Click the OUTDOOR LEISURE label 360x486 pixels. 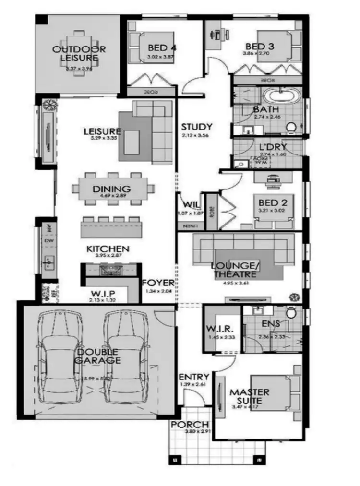79,53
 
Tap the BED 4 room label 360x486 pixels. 162,47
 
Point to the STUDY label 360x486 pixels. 196,127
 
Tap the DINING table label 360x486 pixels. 112,189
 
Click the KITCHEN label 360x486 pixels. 108,249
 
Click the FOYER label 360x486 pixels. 158,283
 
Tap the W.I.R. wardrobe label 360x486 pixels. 220,330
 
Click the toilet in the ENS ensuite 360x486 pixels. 290,313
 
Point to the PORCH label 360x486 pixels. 190,425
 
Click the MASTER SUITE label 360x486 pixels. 249,396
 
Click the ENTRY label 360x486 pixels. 194,377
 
